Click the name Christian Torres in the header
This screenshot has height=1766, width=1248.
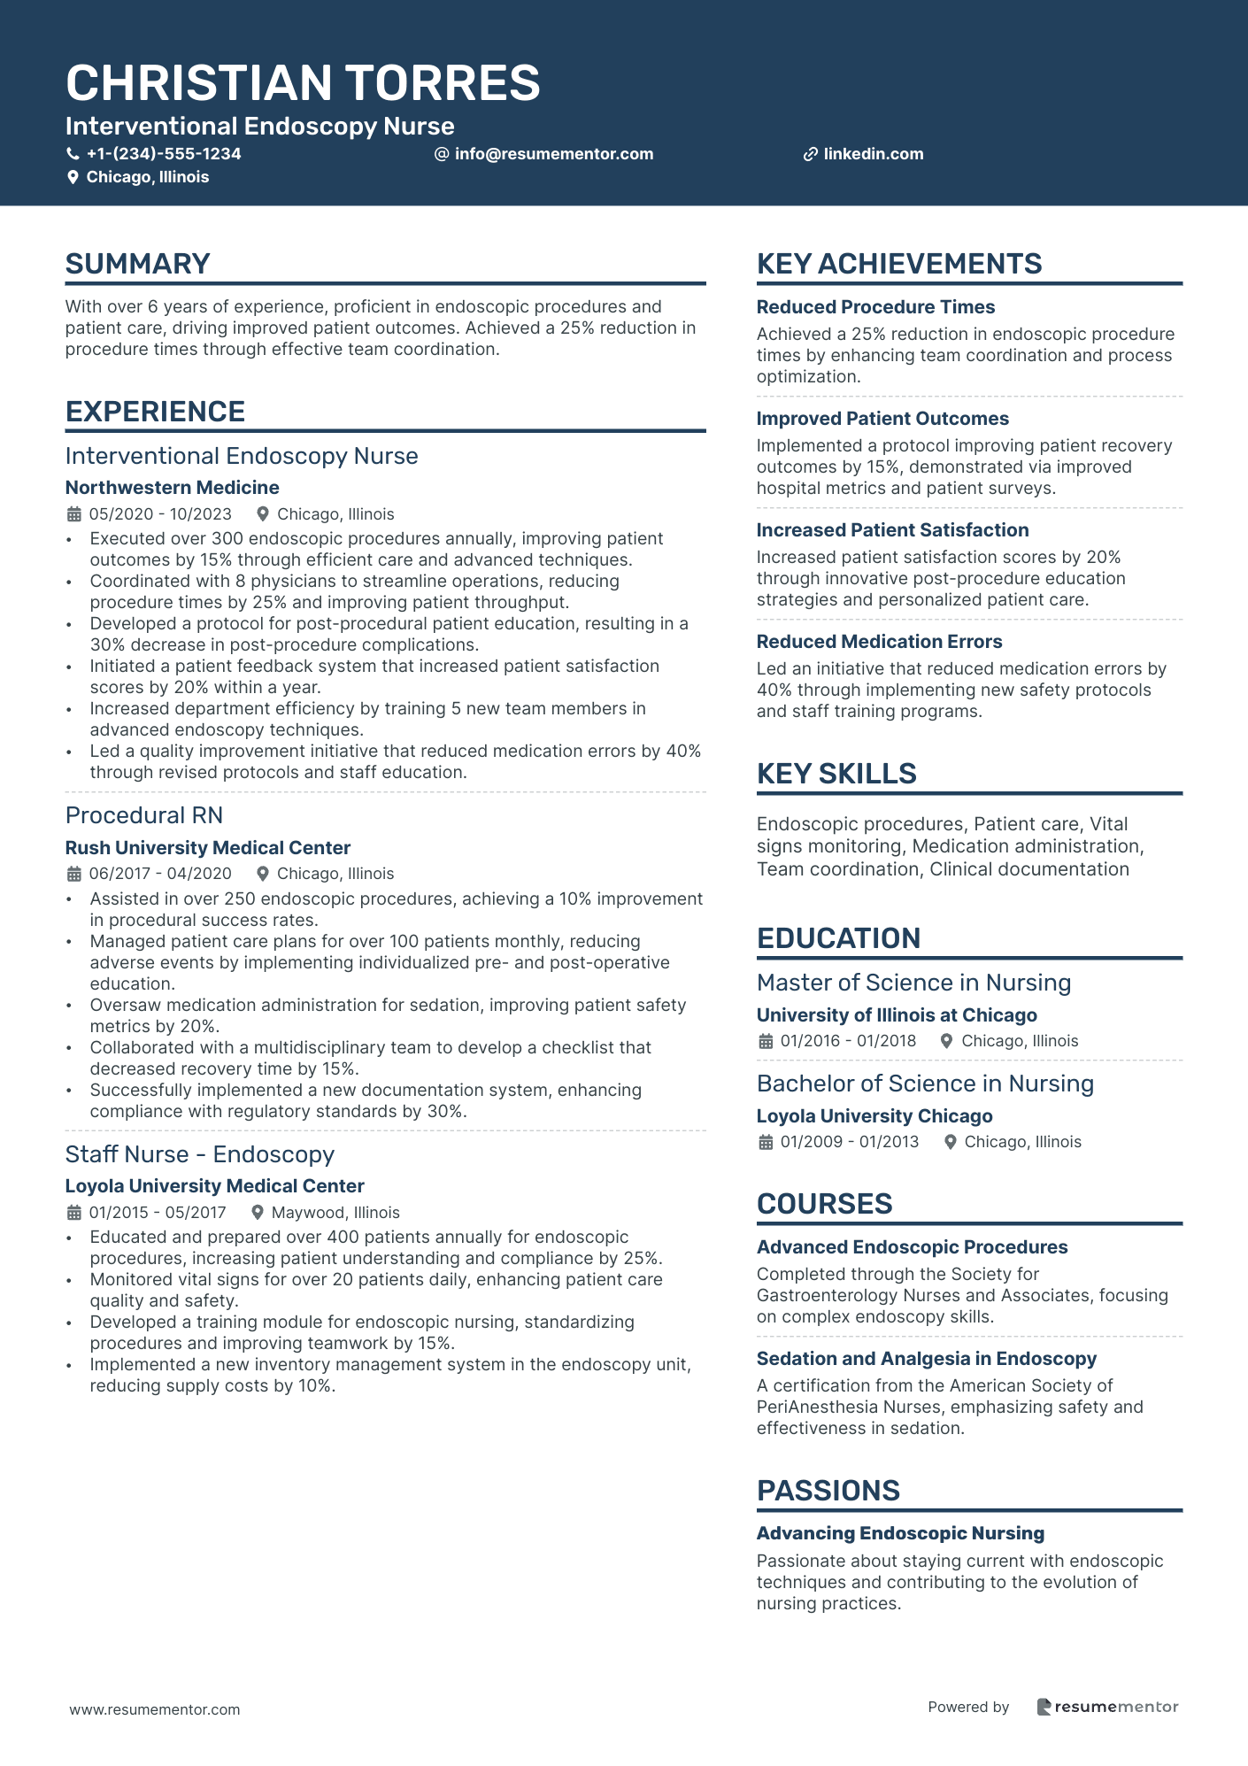point(303,83)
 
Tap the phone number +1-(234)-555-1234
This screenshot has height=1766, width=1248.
point(163,154)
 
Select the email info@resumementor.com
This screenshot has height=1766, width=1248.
point(553,154)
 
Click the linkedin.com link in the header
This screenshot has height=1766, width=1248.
point(873,154)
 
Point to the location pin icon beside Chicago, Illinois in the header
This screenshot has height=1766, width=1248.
point(73,177)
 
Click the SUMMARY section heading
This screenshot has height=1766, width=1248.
point(137,264)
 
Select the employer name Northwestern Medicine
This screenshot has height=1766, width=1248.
point(172,488)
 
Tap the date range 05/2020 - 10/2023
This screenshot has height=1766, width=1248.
point(160,514)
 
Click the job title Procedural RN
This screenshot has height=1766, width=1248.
point(143,815)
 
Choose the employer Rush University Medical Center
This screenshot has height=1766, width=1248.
point(207,848)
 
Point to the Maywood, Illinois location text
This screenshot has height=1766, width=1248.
point(335,1213)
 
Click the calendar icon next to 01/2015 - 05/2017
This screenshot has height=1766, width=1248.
point(73,1213)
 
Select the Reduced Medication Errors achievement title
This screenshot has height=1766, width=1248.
point(879,642)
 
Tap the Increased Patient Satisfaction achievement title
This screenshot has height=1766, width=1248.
point(892,530)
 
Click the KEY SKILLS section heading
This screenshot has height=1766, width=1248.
point(836,774)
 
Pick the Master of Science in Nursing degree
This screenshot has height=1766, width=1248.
point(913,983)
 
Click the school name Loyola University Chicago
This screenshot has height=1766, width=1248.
point(874,1116)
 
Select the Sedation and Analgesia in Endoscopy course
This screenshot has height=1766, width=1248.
point(926,1359)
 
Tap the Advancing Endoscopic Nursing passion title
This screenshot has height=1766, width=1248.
point(900,1533)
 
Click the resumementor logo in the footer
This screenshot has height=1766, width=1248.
point(1107,1707)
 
